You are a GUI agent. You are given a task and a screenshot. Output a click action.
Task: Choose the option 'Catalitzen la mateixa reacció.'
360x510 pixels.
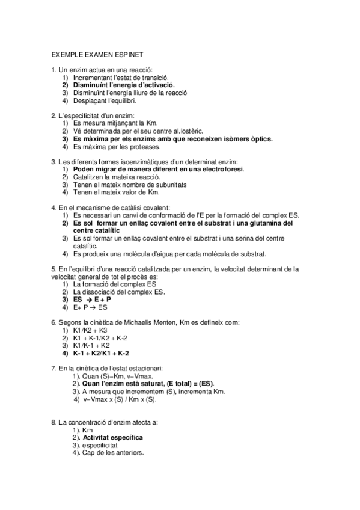[116, 177]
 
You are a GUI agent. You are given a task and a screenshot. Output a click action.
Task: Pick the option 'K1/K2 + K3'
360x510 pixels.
[90, 330]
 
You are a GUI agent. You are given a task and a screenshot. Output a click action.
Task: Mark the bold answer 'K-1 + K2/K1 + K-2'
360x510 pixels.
[100, 354]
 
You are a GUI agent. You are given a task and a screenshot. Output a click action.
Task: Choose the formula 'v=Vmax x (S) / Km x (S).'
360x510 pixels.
[119, 399]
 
